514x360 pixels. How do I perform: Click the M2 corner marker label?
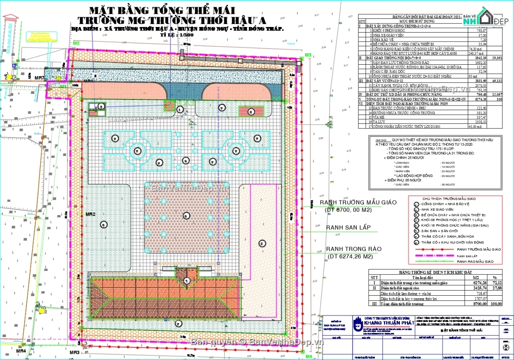pyautogui.click(x=77, y=43)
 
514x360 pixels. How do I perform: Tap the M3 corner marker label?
pyautogui.click(x=308, y=55)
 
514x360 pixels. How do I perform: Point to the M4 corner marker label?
pyautogui.click(x=308, y=356)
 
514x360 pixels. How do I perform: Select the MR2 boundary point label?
pyautogui.click(x=90, y=214)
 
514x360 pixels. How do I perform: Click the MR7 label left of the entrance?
pyautogui.click(x=39, y=78)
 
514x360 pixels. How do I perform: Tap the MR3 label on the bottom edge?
pyautogui.click(x=75, y=352)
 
